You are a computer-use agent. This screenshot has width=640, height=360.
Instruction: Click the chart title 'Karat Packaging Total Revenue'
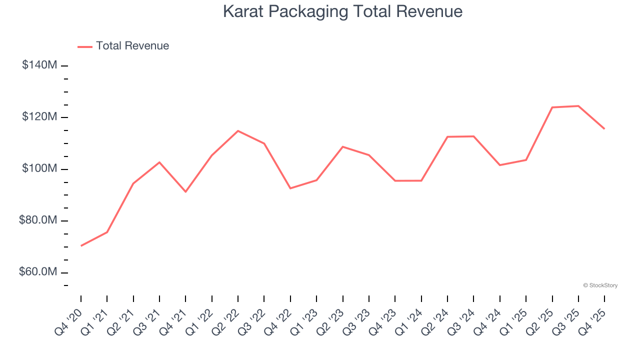tap(342, 11)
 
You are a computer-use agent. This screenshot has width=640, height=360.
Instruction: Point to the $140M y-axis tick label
tap(39, 65)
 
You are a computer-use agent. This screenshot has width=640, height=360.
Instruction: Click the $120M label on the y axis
tap(39, 117)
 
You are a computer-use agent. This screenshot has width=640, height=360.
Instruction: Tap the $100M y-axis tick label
tap(39, 168)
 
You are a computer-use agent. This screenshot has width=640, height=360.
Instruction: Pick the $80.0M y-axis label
tap(38, 220)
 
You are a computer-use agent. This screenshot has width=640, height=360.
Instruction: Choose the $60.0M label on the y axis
tap(38, 272)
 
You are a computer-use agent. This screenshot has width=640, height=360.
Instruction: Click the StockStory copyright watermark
tap(600, 285)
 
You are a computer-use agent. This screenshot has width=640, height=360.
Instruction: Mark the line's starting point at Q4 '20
tap(81, 245)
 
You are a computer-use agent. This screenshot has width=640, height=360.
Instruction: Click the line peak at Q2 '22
tap(238, 131)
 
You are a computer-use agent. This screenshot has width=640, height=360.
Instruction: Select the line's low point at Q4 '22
tap(290, 188)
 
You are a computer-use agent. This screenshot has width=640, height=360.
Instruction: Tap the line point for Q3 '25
tap(578, 106)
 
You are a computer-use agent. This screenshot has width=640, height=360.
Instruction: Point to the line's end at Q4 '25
tap(604, 129)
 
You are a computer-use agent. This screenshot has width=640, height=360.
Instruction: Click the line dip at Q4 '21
tap(185, 191)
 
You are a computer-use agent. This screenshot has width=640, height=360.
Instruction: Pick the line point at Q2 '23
tap(343, 146)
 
